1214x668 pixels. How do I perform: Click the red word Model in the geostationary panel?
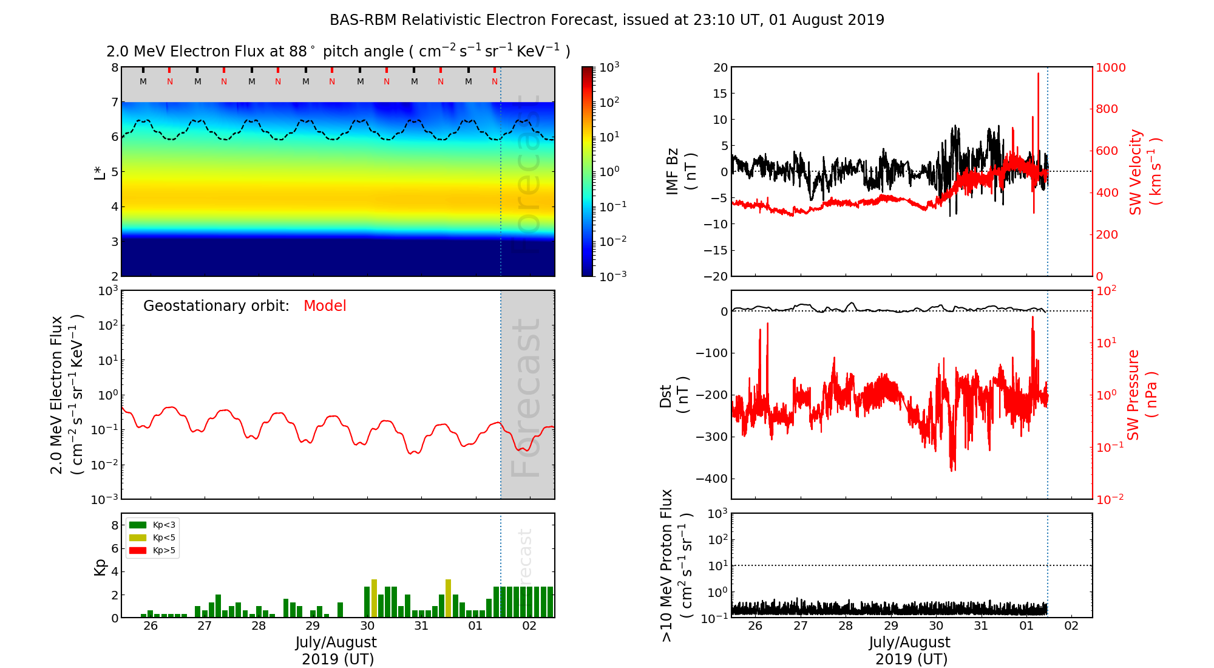(325, 305)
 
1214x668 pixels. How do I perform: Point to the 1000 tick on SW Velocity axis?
(1110, 67)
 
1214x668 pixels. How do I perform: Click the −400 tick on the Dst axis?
(711, 479)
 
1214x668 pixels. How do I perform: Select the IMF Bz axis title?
(680, 171)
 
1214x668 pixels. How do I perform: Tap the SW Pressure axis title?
(1141, 395)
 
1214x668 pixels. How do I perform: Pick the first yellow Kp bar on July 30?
(374, 598)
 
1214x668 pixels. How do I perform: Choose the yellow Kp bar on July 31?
(448, 598)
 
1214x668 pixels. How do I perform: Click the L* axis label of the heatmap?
(100, 171)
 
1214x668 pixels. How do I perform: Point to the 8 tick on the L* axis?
(114, 67)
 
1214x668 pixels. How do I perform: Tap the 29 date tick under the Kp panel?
(313, 626)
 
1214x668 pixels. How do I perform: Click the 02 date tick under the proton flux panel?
(1071, 626)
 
